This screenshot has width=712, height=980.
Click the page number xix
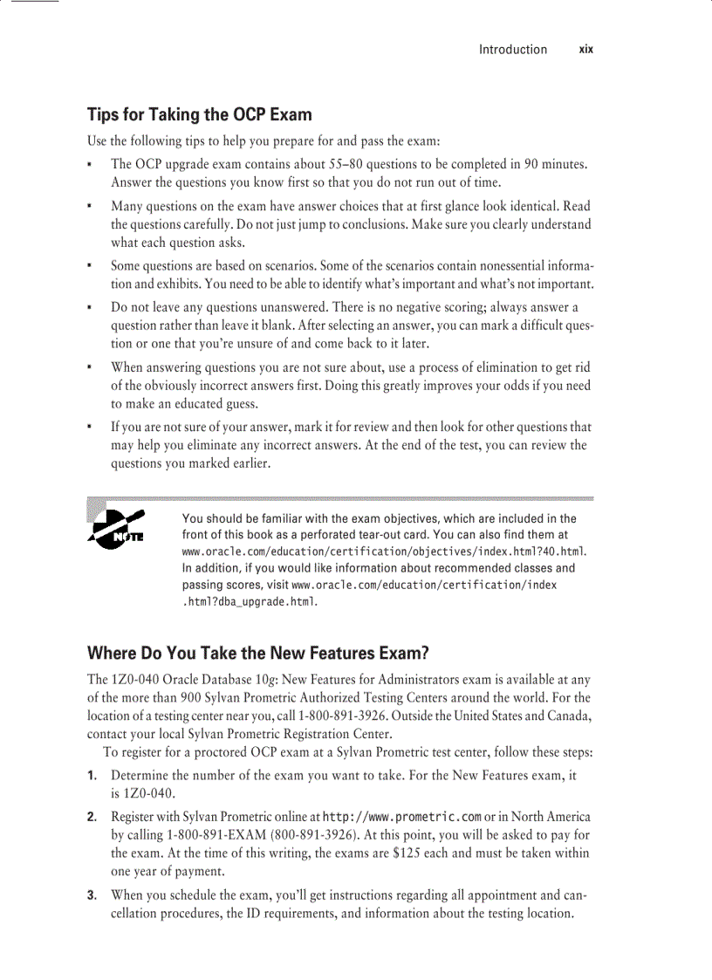[585, 50]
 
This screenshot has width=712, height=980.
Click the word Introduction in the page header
[512, 50]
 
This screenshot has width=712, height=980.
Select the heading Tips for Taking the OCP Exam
[199, 115]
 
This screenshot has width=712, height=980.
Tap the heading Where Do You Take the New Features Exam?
[259, 654]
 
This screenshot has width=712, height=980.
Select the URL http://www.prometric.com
[402, 817]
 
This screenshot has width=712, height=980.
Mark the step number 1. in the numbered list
[92, 775]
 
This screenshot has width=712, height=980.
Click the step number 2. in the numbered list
[92, 817]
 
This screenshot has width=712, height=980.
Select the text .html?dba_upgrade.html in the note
[249, 602]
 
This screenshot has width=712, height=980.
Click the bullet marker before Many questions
[91, 207]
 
